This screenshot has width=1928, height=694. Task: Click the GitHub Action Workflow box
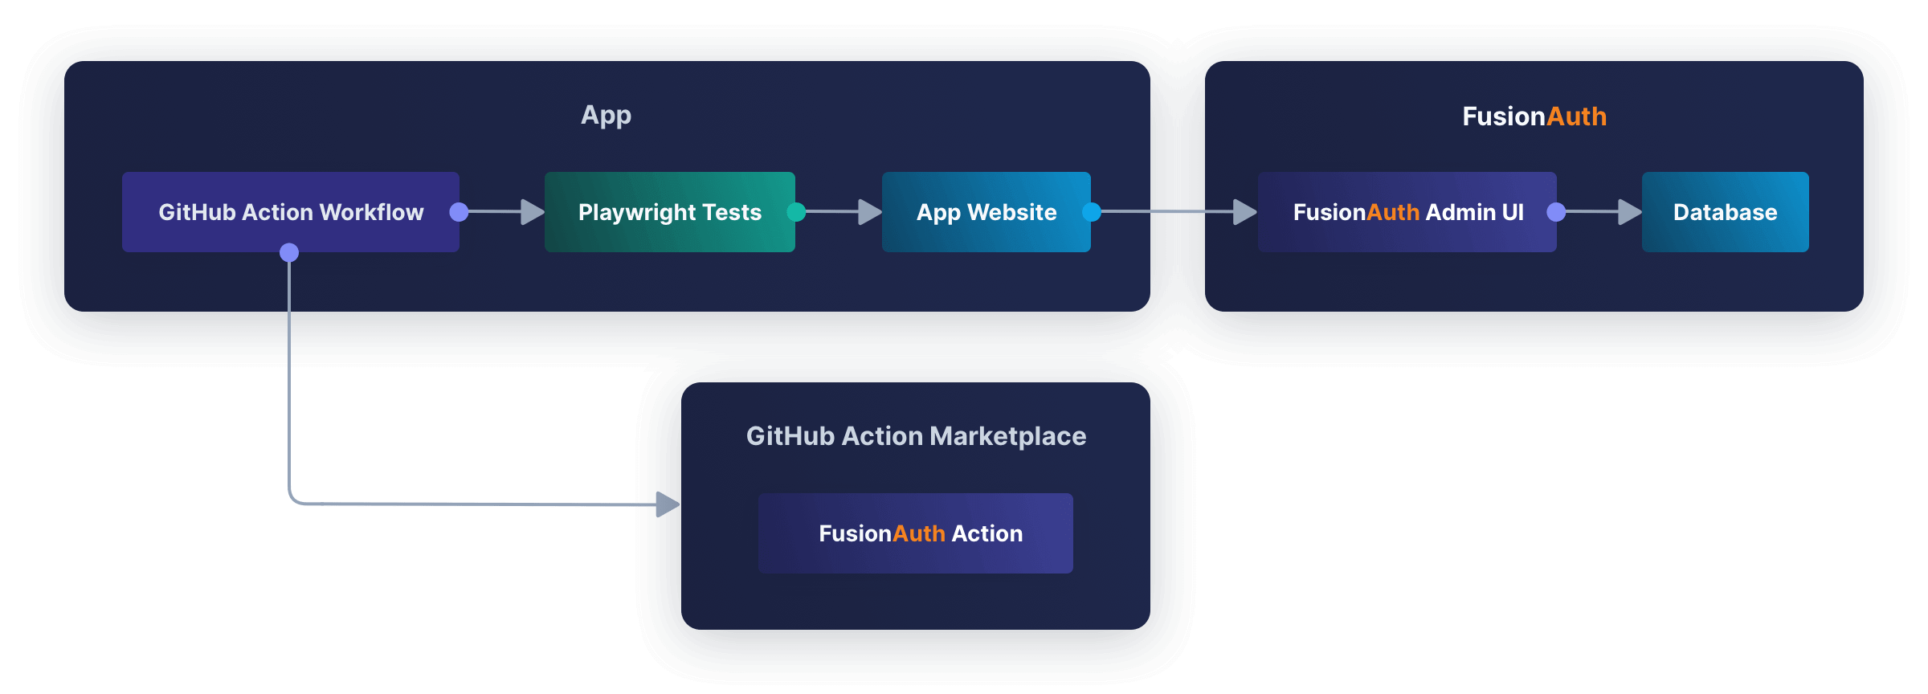tap(290, 212)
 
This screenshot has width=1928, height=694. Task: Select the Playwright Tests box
tap(669, 212)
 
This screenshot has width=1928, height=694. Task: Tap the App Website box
tap(986, 212)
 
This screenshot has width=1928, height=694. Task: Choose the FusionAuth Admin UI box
tap(1407, 212)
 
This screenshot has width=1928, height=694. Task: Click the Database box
tap(1725, 212)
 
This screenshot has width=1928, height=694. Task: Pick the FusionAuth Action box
tap(915, 533)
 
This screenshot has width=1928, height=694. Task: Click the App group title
tap(606, 116)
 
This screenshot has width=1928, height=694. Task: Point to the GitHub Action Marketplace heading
tap(916, 436)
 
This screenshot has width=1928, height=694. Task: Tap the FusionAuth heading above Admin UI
tap(1534, 116)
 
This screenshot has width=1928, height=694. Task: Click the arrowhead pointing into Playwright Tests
tap(532, 212)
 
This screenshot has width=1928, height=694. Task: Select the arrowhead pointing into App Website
tap(869, 212)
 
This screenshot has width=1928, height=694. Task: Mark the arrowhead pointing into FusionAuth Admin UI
tap(1244, 212)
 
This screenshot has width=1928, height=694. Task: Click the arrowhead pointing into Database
tap(1629, 212)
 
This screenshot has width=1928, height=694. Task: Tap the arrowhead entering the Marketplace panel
tap(667, 504)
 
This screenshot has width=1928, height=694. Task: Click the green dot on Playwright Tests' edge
tap(796, 212)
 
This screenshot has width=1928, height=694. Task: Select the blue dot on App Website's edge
tap(1092, 212)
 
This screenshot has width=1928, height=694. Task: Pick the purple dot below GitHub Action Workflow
tap(289, 253)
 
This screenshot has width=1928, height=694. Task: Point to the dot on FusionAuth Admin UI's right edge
tap(1556, 212)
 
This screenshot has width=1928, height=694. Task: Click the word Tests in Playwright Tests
tap(731, 212)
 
